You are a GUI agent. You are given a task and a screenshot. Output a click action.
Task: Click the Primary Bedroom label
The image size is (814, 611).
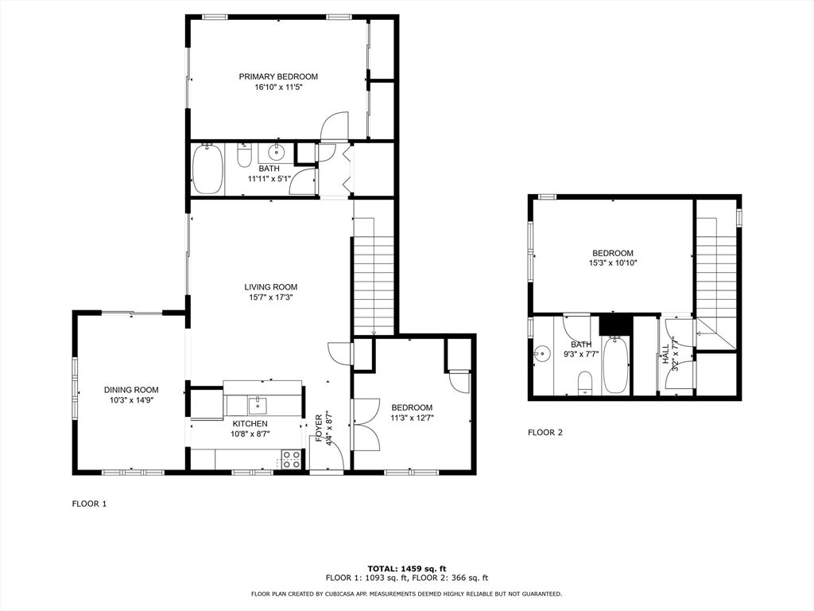pos(278,77)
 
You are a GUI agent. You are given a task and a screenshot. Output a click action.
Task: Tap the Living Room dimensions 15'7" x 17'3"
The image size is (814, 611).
pos(271,298)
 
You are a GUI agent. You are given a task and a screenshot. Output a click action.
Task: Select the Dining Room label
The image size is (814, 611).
pos(131,390)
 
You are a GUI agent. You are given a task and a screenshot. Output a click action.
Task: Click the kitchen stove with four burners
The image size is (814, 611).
pos(291,460)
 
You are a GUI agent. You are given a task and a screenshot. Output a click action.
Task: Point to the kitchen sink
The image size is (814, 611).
pos(258,405)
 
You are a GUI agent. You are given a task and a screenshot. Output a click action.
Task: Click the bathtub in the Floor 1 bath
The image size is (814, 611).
pos(207,169)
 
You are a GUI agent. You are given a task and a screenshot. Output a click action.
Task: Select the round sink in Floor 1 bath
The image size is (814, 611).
pos(276,153)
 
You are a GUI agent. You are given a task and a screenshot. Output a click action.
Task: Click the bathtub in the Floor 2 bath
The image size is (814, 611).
pos(616,364)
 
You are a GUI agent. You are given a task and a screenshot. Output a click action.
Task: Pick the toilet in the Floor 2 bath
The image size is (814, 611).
pos(585,383)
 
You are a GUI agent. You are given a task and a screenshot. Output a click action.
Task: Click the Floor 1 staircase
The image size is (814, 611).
pos(374,276)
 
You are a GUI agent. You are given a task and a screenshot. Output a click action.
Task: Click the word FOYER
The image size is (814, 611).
pos(319,427)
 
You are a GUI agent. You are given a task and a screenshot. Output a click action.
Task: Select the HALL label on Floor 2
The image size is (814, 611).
pos(665,354)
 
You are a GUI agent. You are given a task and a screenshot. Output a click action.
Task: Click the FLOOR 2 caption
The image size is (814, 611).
pos(545,432)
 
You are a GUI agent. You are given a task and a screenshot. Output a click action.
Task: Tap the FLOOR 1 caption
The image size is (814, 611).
pos(89,504)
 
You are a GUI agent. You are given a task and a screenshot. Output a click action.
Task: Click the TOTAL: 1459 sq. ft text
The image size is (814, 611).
pos(407,569)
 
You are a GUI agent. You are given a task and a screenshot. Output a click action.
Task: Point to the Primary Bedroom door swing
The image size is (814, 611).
pos(335,126)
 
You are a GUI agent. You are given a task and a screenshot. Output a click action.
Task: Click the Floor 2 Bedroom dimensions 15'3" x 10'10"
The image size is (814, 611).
pos(613,263)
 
